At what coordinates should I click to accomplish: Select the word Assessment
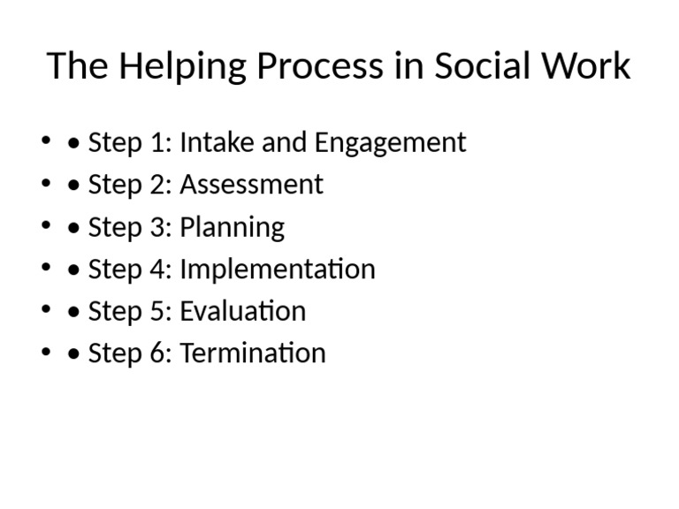[x=251, y=185]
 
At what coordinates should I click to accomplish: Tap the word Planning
[x=232, y=228]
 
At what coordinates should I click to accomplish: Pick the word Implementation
[x=277, y=270]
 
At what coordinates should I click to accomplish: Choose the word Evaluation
[x=242, y=311]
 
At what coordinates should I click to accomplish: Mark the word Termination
[x=252, y=353]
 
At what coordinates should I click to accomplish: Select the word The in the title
[x=74, y=67]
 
